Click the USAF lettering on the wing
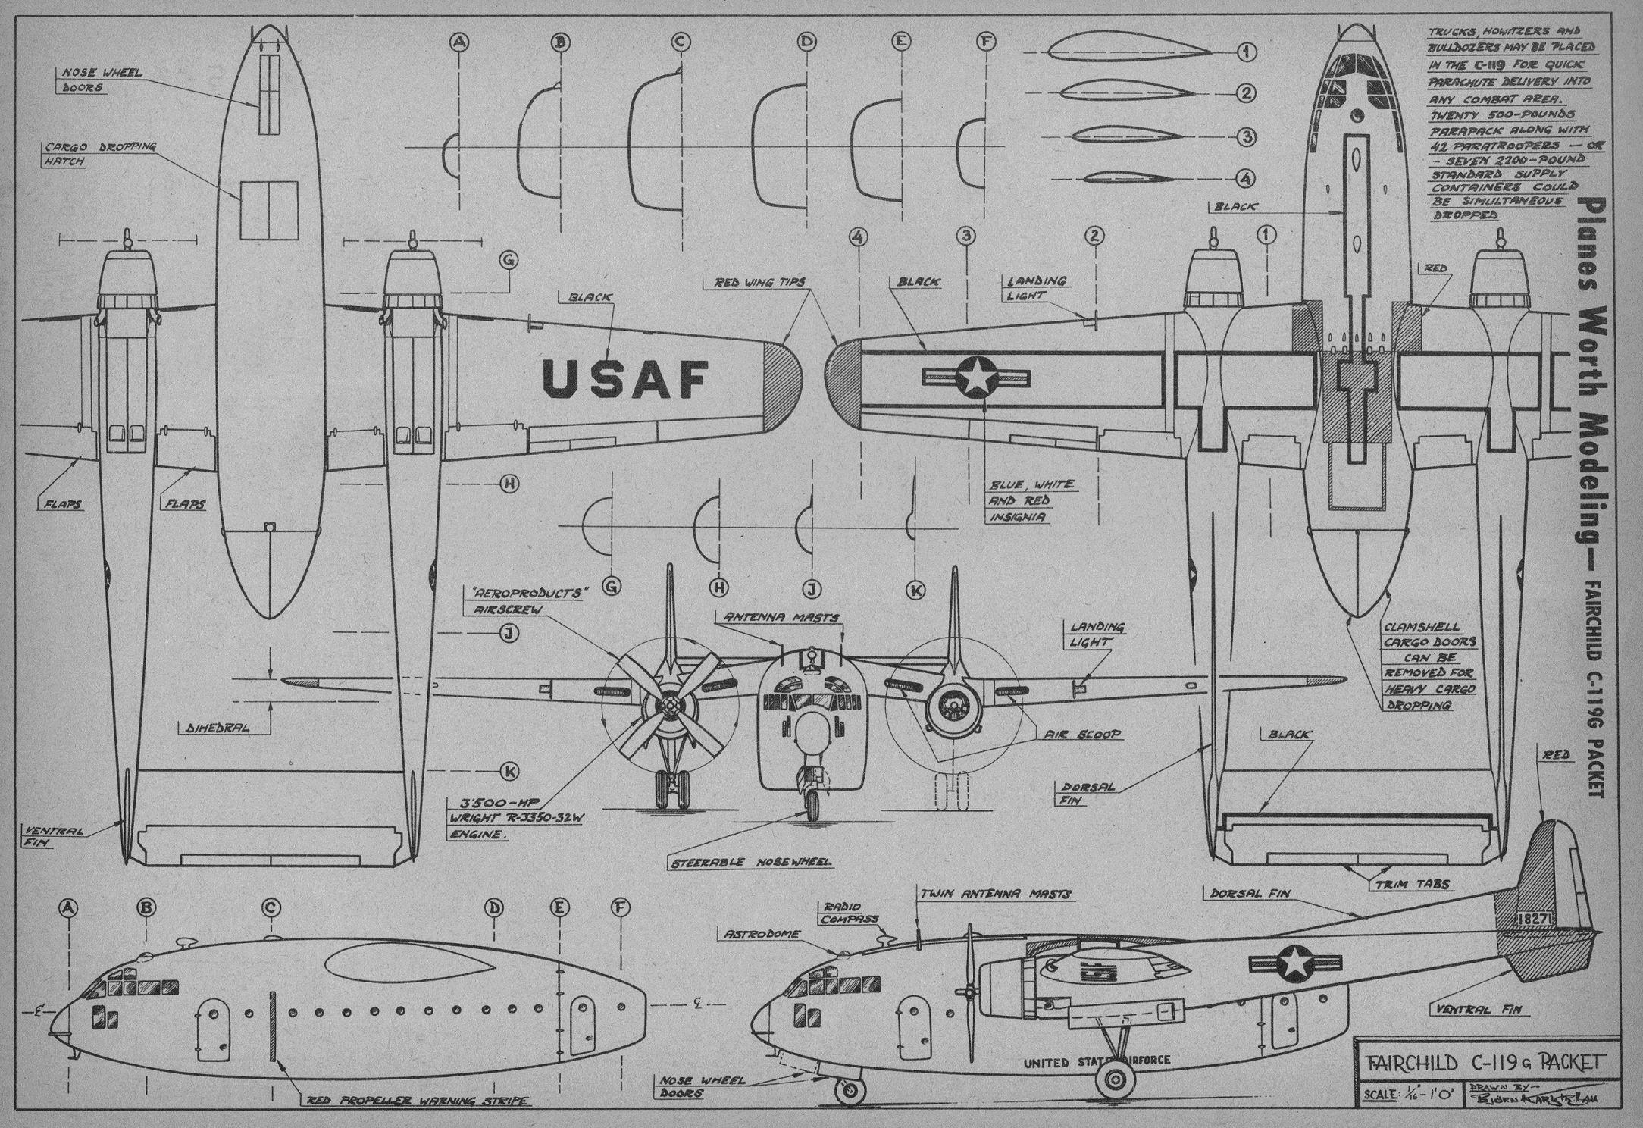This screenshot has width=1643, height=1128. [626, 378]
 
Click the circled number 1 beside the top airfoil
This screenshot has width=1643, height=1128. [1247, 52]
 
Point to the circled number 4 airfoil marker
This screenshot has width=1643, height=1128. [1247, 179]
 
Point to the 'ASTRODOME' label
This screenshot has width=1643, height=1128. [762, 935]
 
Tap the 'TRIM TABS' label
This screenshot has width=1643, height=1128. [1413, 885]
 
